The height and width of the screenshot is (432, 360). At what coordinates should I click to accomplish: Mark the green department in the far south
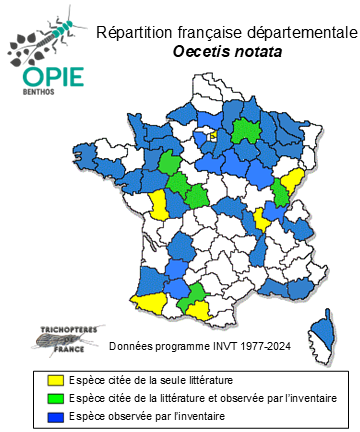click(x=188, y=294)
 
